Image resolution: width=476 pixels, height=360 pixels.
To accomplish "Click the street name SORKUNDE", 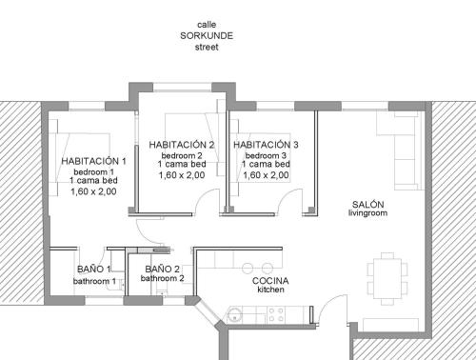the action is click(207, 35).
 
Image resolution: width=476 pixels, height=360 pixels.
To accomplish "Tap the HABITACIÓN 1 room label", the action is click(93, 161).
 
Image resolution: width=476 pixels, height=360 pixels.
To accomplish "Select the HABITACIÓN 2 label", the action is click(182, 145).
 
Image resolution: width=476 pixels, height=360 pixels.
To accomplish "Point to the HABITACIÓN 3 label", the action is click(266, 145).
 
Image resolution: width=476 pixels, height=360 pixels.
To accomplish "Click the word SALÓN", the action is click(367, 204).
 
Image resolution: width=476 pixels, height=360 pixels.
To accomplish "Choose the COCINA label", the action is click(270, 281).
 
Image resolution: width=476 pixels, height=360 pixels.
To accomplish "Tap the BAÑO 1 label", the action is click(93, 270).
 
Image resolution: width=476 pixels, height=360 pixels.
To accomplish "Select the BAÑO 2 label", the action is click(162, 270).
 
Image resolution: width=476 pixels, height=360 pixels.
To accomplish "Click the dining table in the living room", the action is click(387, 278).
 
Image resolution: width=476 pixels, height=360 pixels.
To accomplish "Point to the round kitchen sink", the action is click(235, 314).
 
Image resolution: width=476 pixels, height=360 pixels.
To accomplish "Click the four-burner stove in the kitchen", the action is click(276, 314).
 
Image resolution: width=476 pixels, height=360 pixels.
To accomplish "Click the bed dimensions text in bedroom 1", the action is click(93, 191).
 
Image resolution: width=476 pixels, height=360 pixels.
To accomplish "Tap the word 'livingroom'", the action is click(367, 213).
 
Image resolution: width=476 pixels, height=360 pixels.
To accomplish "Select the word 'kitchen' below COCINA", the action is click(270, 290).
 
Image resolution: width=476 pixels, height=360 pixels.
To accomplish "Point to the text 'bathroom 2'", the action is click(162, 278).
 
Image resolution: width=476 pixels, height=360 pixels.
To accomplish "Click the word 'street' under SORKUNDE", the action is click(207, 47).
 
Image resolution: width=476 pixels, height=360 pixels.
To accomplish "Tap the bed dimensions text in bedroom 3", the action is click(266, 175).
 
